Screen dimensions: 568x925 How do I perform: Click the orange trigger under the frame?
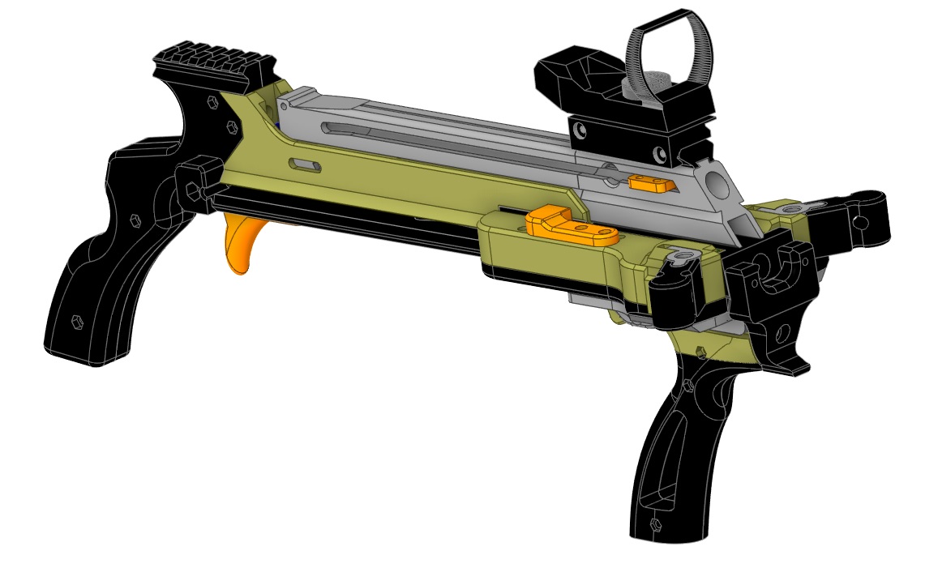point(242,244)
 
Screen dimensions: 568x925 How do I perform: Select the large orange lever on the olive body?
point(572,226)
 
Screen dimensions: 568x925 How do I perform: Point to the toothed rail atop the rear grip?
point(212,64)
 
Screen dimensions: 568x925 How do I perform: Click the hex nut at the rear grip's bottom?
point(77,319)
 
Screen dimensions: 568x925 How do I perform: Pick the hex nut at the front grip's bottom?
point(654,528)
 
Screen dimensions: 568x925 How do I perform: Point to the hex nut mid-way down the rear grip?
point(133,219)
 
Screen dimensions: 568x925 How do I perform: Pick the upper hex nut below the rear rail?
point(212,103)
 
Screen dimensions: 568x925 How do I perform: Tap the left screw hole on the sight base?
point(580,130)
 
